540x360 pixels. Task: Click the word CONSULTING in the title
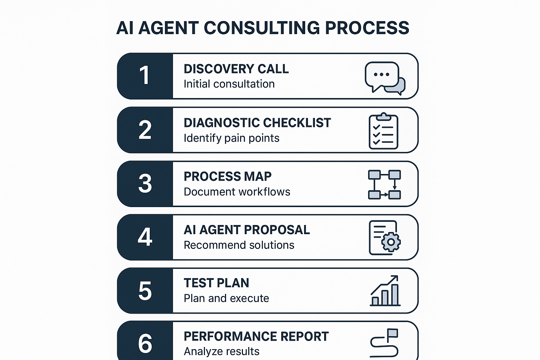pos(262,28)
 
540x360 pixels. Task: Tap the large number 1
pos(144,75)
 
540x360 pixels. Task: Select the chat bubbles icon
pos(385,78)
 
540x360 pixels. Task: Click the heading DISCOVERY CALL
pos(236,69)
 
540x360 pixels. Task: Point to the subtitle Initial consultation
pos(229,84)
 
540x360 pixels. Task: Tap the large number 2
pos(145,130)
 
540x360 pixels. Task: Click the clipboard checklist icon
pos(383,131)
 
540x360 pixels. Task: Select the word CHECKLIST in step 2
pos(297,123)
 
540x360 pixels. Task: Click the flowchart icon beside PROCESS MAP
pos(384,185)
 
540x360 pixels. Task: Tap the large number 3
pos(145,184)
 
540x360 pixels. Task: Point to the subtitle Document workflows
pos(237,192)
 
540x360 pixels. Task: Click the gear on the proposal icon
pos(391,242)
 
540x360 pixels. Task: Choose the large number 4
pos(145,237)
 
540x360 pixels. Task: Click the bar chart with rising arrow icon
pos(385,290)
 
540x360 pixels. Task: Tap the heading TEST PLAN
pos(216,283)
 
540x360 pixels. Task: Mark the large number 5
pos(145,291)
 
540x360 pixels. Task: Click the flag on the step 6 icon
pos(392,333)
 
